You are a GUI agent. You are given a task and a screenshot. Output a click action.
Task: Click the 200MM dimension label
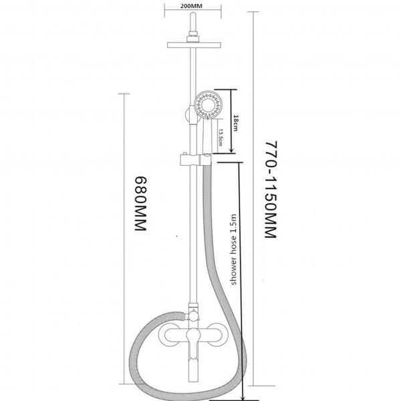point(191,5)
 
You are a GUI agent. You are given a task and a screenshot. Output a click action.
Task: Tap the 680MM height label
point(140,204)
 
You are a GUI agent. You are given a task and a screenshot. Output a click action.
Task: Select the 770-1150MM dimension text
point(271,189)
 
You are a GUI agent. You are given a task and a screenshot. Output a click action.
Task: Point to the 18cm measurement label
point(235,123)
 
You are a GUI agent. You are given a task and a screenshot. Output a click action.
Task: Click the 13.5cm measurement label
point(221,137)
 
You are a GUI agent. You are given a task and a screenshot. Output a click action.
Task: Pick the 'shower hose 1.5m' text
point(233,249)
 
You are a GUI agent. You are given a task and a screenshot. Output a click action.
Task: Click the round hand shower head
point(209,105)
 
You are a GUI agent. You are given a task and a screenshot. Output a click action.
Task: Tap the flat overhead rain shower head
point(194,45)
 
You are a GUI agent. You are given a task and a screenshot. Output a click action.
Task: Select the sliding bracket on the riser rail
point(195,159)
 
